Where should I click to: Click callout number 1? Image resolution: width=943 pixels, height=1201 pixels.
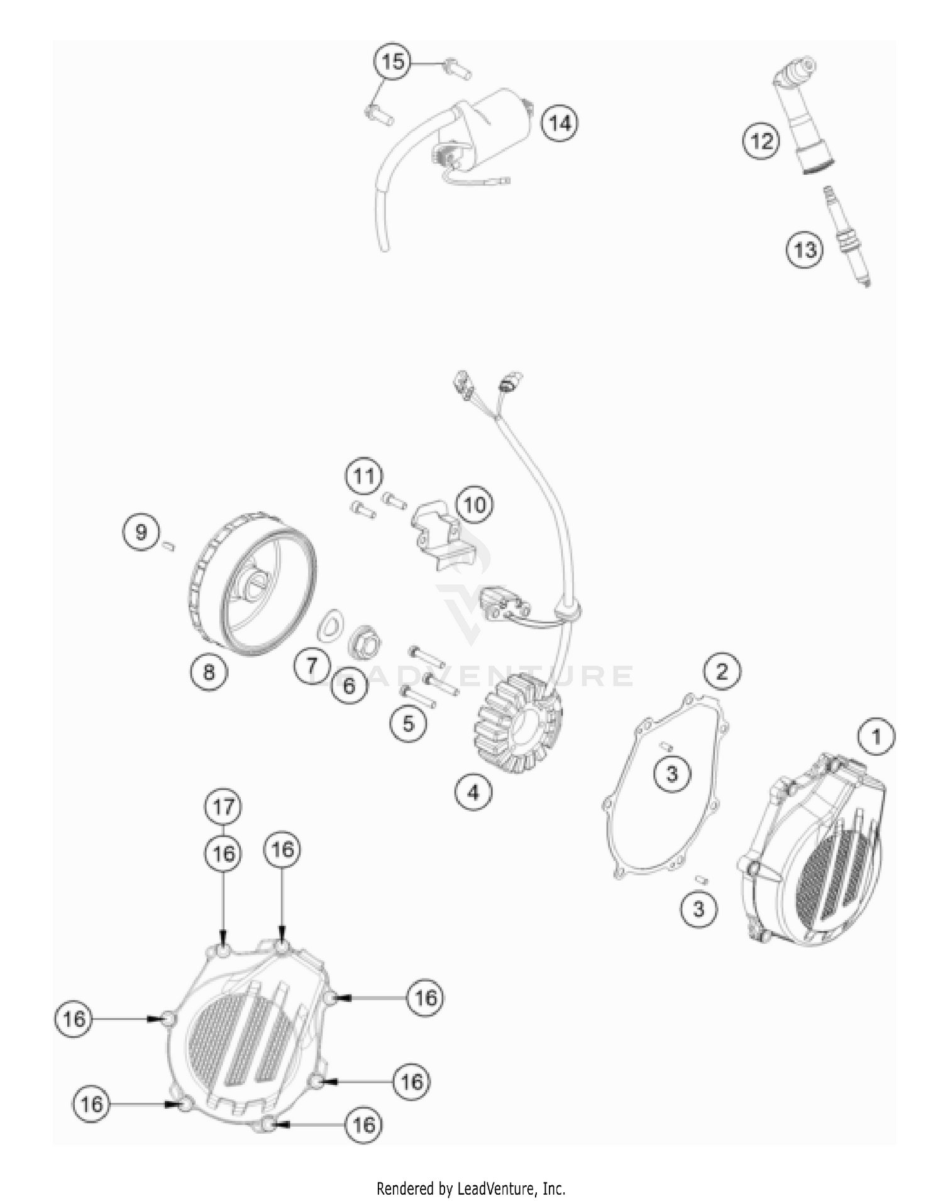point(876,736)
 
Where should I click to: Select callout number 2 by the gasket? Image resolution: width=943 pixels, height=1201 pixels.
point(722,671)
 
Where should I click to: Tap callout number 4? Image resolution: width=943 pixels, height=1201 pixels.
point(473,792)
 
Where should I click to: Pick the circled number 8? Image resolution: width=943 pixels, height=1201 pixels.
point(209,672)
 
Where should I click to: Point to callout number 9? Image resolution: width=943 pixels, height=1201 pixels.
point(141,533)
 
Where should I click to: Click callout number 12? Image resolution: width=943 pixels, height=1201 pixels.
point(761,141)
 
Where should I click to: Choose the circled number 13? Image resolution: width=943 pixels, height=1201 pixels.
point(805,250)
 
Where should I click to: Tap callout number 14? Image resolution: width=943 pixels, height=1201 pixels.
point(560,123)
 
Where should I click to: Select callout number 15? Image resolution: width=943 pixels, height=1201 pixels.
point(392,62)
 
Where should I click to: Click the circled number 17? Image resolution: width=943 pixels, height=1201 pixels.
point(223,806)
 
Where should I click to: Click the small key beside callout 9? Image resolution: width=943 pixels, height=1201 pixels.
point(168,546)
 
